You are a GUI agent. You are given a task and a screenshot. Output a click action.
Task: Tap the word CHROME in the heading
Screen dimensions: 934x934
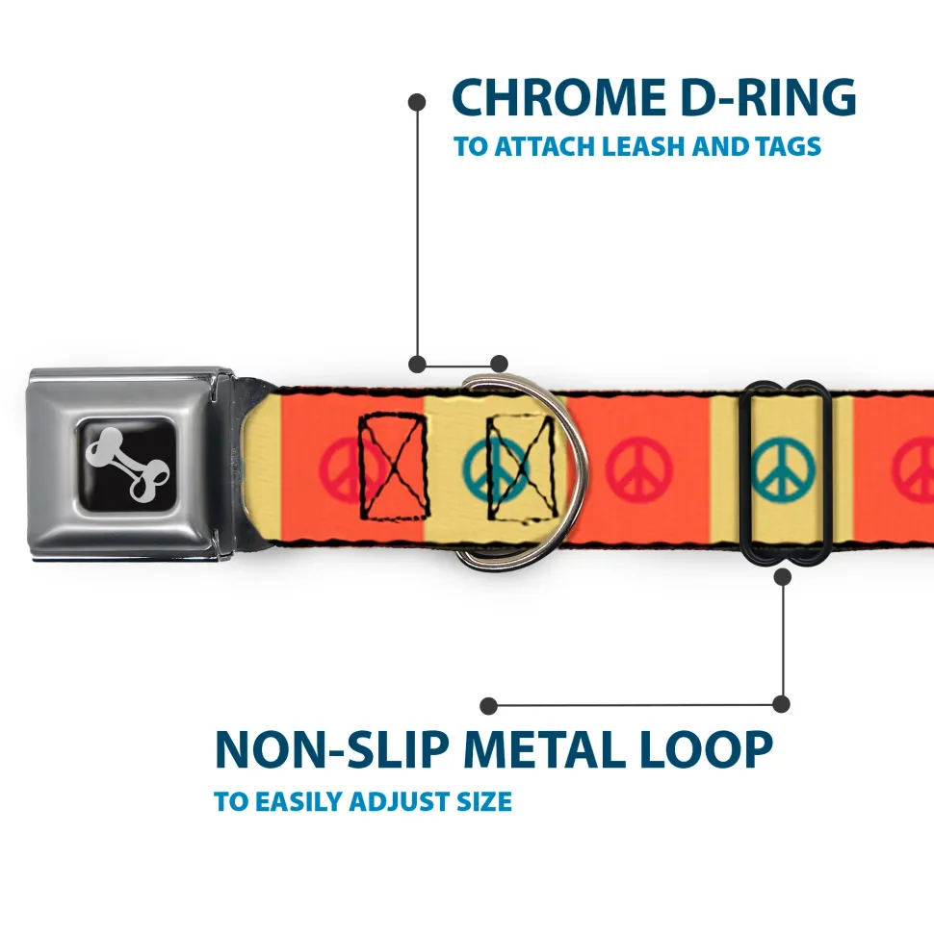[x=551, y=97]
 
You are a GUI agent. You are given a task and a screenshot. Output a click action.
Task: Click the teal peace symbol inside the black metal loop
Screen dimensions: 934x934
[x=782, y=468]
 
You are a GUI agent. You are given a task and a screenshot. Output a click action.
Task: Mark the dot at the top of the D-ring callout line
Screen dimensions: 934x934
[x=417, y=101]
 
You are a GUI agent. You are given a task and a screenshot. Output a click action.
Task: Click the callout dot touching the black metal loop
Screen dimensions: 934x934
[x=782, y=577]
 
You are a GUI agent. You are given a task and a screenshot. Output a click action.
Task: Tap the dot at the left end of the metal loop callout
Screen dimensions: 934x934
[x=489, y=705]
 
